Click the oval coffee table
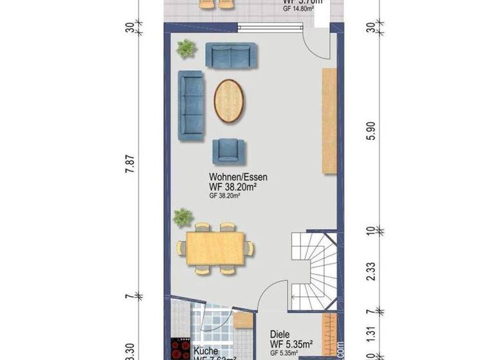click(230, 101)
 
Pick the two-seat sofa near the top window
click(231, 55)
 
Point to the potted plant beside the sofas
click(187, 48)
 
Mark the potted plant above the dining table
click(183, 217)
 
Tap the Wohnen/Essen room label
click(238, 176)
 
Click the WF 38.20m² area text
click(233, 187)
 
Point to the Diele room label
click(280, 334)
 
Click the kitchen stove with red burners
click(179, 349)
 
